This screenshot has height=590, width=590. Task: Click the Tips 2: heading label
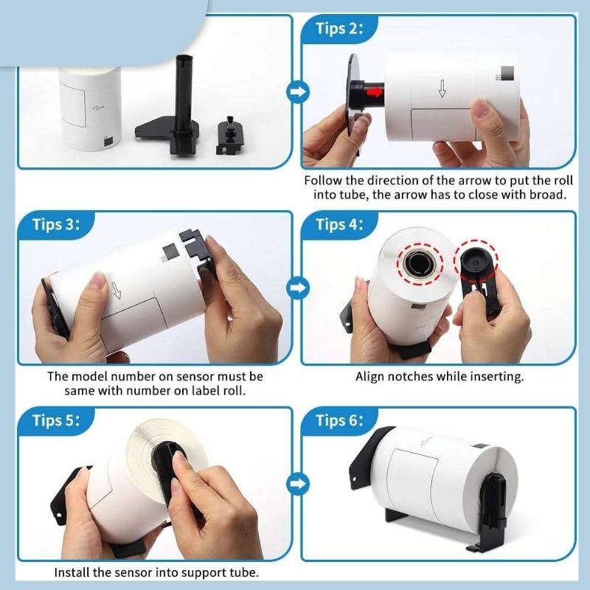pyautogui.click(x=339, y=29)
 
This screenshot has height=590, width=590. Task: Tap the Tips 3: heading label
pyautogui.click(x=56, y=224)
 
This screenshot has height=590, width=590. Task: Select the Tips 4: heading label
pyautogui.click(x=339, y=224)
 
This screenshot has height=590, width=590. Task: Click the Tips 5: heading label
pyautogui.click(x=56, y=420)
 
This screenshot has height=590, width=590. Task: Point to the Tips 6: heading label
pyautogui.click(x=339, y=420)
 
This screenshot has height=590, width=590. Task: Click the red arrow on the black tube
pyautogui.click(x=375, y=91)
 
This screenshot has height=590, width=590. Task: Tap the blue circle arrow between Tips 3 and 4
pyautogui.click(x=298, y=288)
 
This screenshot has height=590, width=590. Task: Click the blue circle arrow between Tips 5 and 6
pyautogui.click(x=298, y=484)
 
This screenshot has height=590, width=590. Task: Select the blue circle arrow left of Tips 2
pyautogui.click(x=298, y=91)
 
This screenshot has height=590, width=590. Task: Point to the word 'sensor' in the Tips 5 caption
pyautogui.click(x=133, y=572)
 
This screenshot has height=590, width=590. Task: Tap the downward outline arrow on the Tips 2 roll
pyautogui.click(x=442, y=88)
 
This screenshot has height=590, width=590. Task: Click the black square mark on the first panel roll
pyautogui.click(x=108, y=142)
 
